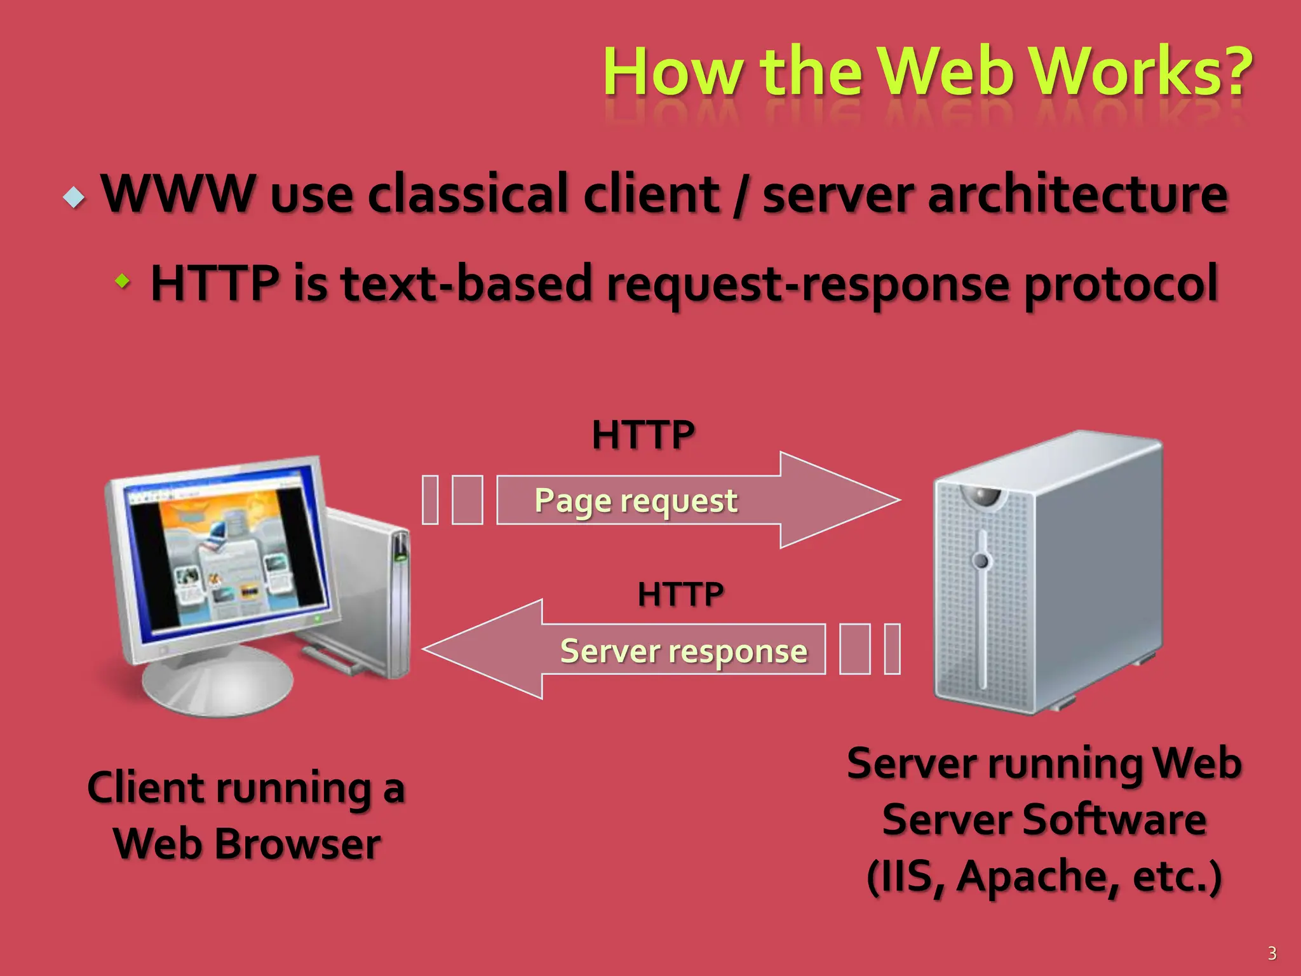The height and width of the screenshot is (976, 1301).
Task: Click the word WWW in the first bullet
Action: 179,193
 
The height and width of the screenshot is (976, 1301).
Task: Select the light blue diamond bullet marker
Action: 74,198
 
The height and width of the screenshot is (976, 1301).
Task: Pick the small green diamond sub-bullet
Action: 122,280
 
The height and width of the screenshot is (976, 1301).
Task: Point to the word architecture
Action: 1077,194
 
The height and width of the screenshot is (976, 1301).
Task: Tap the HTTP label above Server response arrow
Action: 680,594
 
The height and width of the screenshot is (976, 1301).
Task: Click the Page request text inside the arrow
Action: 636,501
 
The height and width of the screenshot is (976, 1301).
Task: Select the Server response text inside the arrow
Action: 684,651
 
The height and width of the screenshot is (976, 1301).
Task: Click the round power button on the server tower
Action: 982,560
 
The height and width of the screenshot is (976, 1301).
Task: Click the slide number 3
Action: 1272,952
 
